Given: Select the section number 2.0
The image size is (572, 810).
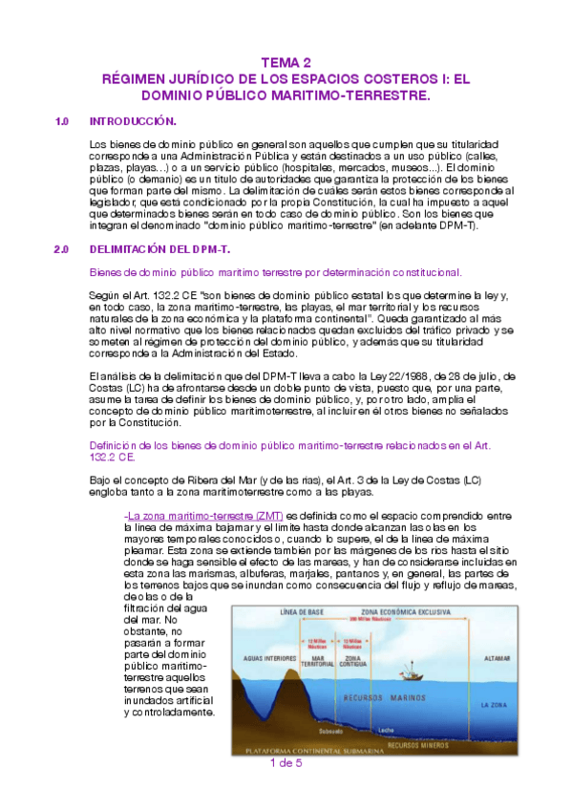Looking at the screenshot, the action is [63, 248].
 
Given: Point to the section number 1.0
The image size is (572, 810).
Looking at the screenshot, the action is [63, 121].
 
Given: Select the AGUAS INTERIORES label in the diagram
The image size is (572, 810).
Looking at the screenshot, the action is [266, 659].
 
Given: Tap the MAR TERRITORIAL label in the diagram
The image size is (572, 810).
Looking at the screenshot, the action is [321, 661].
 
